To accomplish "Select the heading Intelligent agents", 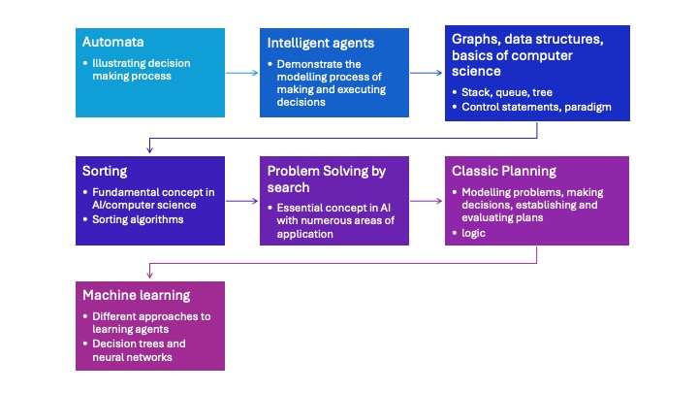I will [319, 45].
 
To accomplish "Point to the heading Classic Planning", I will [504, 171].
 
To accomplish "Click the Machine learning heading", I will [136, 295].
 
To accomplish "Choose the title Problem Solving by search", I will [326, 179].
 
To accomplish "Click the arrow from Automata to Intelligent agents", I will [242, 73].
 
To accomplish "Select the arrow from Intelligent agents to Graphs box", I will [427, 73].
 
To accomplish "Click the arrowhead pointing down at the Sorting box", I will [149, 151].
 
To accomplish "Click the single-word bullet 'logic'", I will [474, 233].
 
